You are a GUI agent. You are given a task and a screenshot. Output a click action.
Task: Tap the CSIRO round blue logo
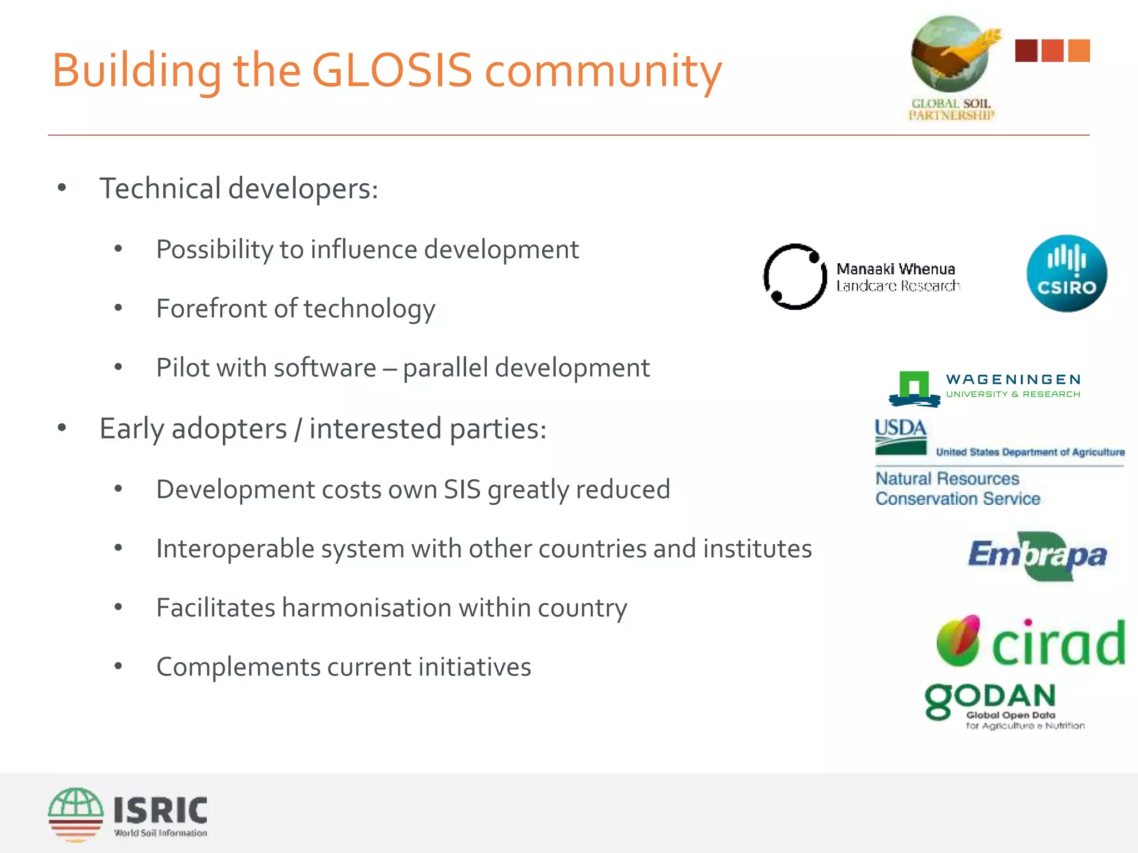point(1066,273)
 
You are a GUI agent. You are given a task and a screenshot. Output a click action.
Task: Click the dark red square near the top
point(1026,51)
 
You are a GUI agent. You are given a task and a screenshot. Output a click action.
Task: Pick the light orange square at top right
point(1079,51)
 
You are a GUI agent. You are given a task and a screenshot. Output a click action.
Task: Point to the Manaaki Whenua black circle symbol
point(795,277)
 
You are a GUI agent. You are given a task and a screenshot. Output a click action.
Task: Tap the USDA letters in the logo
point(900,428)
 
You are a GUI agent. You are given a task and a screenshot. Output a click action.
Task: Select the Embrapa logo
point(1037,556)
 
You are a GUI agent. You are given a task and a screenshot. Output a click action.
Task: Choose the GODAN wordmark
point(991,699)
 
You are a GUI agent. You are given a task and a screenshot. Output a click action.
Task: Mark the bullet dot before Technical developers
point(62,188)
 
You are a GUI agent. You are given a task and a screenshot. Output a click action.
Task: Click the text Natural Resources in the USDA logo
point(947,478)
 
